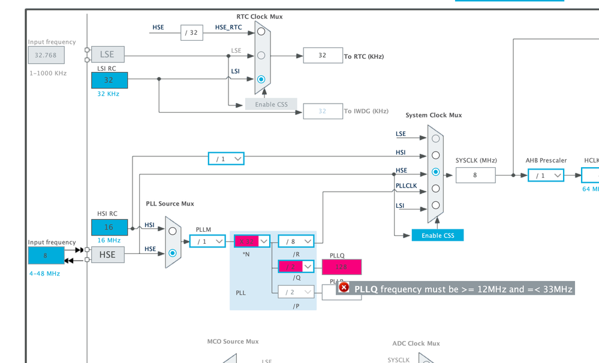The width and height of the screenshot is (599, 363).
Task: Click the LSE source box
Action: click(x=107, y=55)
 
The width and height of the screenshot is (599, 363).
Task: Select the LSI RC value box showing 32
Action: click(x=109, y=80)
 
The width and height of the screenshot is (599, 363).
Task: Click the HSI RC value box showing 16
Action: click(x=109, y=227)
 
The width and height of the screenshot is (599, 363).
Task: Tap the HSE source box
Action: click(x=107, y=255)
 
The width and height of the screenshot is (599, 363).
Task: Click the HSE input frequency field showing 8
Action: click(x=46, y=255)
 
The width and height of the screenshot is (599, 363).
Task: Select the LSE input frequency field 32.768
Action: click(x=46, y=55)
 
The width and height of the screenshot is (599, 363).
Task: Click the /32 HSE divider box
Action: click(x=192, y=32)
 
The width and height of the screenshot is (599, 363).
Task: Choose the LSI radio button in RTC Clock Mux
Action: click(x=261, y=79)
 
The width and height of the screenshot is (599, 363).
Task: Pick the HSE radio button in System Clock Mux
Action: click(x=435, y=172)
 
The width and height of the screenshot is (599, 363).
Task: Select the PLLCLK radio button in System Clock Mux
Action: click(x=435, y=188)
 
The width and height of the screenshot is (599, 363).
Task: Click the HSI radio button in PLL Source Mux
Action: click(x=173, y=231)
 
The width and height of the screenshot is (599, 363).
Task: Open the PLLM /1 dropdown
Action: click(x=207, y=241)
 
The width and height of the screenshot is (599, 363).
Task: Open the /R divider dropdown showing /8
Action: click(x=296, y=241)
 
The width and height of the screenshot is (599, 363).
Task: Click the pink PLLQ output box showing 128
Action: click(x=342, y=267)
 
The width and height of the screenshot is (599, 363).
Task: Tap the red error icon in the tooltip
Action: click(x=344, y=288)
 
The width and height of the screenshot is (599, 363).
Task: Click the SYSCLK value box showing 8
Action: click(x=475, y=175)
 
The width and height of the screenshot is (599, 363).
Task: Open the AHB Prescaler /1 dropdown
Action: click(x=546, y=176)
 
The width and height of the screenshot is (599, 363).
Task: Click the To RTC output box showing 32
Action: click(x=323, y=55)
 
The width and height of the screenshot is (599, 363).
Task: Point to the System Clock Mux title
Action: click(x=434, y=115)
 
